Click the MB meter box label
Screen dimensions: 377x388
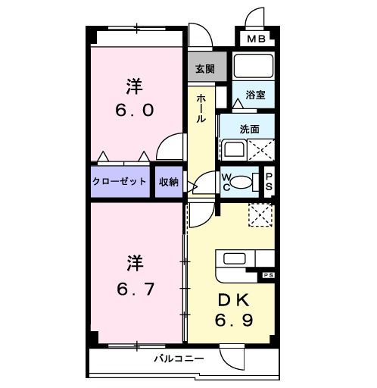click(256, 39)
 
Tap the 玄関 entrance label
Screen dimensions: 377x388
click(205, 69)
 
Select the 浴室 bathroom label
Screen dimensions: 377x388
click(255, 95)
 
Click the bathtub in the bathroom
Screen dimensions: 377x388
click(254, 66)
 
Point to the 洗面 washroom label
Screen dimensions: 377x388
click(250, 129)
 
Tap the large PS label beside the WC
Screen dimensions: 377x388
click(269, 182)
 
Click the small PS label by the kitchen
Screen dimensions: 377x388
click(268, 275)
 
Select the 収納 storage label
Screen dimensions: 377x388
click(169, 182)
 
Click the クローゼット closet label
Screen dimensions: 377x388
click(120, 181)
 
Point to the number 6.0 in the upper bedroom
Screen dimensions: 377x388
click(135, 111)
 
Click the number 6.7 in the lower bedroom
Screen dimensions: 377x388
click(136, 289)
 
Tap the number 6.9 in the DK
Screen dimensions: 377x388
click(234, 321)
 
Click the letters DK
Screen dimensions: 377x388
click(234, 300)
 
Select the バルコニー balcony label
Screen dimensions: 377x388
click(179, 358)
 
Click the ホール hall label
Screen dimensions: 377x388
click(201, 108)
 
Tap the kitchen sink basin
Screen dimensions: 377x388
click(235, 258)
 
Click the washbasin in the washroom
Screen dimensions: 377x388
click(234, 149)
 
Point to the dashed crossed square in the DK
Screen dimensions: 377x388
click(260, 214)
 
